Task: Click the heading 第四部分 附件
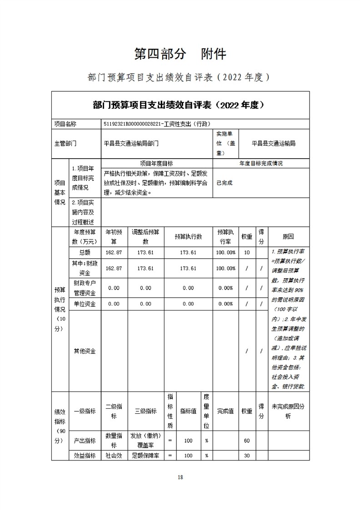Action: click(180, 54)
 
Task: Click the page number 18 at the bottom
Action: click(180, 477)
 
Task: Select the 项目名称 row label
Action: click(65, 124)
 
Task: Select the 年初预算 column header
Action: click(114, 236)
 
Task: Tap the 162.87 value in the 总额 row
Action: click(114, 253)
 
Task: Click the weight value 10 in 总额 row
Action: click(247, 253)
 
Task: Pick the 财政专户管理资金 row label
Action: click(85, 288)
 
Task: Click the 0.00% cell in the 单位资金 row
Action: click(226, 304)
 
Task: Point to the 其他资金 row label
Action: click(85, 351)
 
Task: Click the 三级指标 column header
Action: click(145, 411)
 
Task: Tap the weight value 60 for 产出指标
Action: click(247, 440)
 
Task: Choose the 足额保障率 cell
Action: click(145, 455)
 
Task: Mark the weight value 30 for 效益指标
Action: click(247, 455)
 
